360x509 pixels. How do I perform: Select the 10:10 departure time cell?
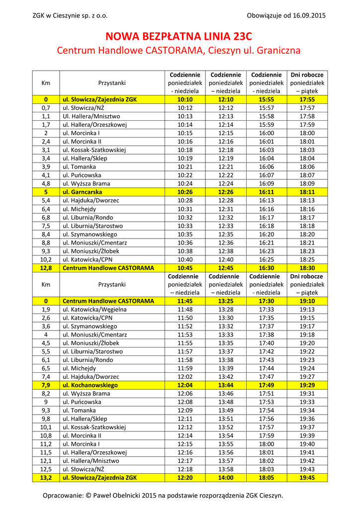(x=184, y=99)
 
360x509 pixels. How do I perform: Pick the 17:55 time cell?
(x=307, y=99)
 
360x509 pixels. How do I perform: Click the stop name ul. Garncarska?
(x=82, y=192)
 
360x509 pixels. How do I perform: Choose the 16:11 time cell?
(x=266, y=192)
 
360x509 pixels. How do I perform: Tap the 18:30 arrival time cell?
(x=307, y=268)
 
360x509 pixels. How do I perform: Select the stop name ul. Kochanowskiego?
(x=90, y=385)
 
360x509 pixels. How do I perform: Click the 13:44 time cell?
(x=225, y=385)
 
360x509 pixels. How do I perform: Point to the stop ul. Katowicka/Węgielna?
(x=94, y=309)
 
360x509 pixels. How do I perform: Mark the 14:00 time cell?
(x=225, y=478)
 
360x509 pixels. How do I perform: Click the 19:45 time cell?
(x=307, y=478)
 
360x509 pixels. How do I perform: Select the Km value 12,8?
(x=46, y=268)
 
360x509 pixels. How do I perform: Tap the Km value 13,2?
(x=46, y=478)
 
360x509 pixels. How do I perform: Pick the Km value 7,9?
(x=46, y=385)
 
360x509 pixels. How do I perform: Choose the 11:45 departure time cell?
(x=184, y=301)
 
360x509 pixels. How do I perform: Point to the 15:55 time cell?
(x=266, y=99)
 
